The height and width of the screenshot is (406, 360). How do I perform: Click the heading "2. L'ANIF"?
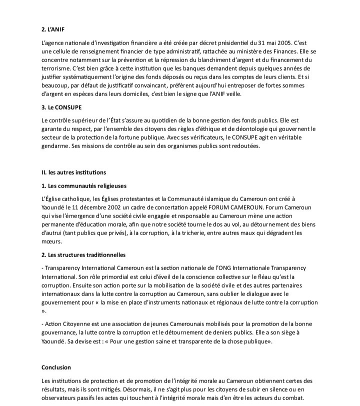[53, 29]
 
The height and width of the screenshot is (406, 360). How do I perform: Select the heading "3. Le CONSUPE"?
[61, 107]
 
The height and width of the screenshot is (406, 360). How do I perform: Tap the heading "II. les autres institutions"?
[73, 172]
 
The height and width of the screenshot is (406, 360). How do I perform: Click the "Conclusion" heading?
[56, 367]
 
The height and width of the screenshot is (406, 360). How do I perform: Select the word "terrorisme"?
[56, 67]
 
